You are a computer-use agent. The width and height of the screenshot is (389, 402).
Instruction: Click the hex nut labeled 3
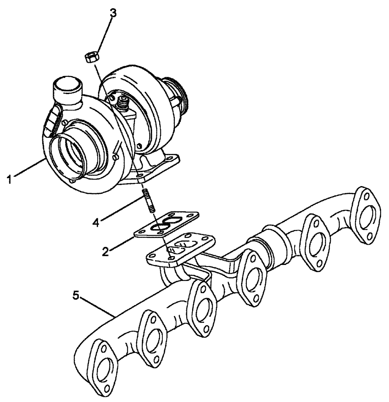tap(91, 57)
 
